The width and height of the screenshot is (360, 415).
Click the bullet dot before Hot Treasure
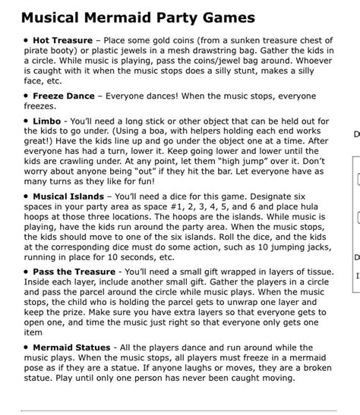tap(26, 38)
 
